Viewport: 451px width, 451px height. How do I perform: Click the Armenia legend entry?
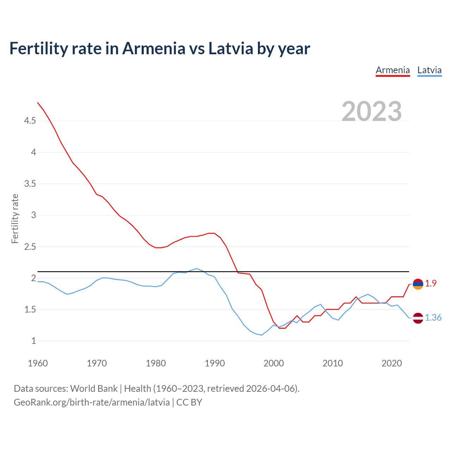[x=393, y=70]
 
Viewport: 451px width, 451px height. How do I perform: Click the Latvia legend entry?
[x=429, y=70]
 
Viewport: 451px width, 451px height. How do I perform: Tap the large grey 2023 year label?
[x=372, y=111]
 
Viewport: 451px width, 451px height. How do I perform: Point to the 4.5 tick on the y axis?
[x=30, y=121]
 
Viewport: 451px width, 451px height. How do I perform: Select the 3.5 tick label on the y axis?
[x=30, y=184]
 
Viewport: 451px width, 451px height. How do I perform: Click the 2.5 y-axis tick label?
[x=30, y=247]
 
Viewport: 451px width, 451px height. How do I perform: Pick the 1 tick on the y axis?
[x=33, y=341]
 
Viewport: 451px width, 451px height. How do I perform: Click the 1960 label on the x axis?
[x=38, y=363]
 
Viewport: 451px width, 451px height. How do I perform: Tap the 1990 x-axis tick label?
[x=215, y=363]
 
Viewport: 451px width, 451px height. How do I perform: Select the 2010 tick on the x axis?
[x=333, y=363]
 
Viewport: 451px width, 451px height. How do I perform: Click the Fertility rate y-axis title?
[x=15, y=218]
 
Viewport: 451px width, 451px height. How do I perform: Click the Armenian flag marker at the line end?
[x=418, y=284]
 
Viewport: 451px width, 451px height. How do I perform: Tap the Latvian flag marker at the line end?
[x=418, y=318]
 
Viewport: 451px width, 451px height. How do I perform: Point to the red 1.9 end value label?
[x=431, y=283]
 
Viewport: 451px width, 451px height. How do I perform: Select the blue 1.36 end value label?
[x=433, y=318]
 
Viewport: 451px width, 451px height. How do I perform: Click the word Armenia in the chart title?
[x=153, y=48]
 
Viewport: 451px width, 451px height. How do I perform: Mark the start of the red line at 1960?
[x=38, y=103]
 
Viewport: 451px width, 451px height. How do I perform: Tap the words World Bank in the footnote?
[x=94, y=389]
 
